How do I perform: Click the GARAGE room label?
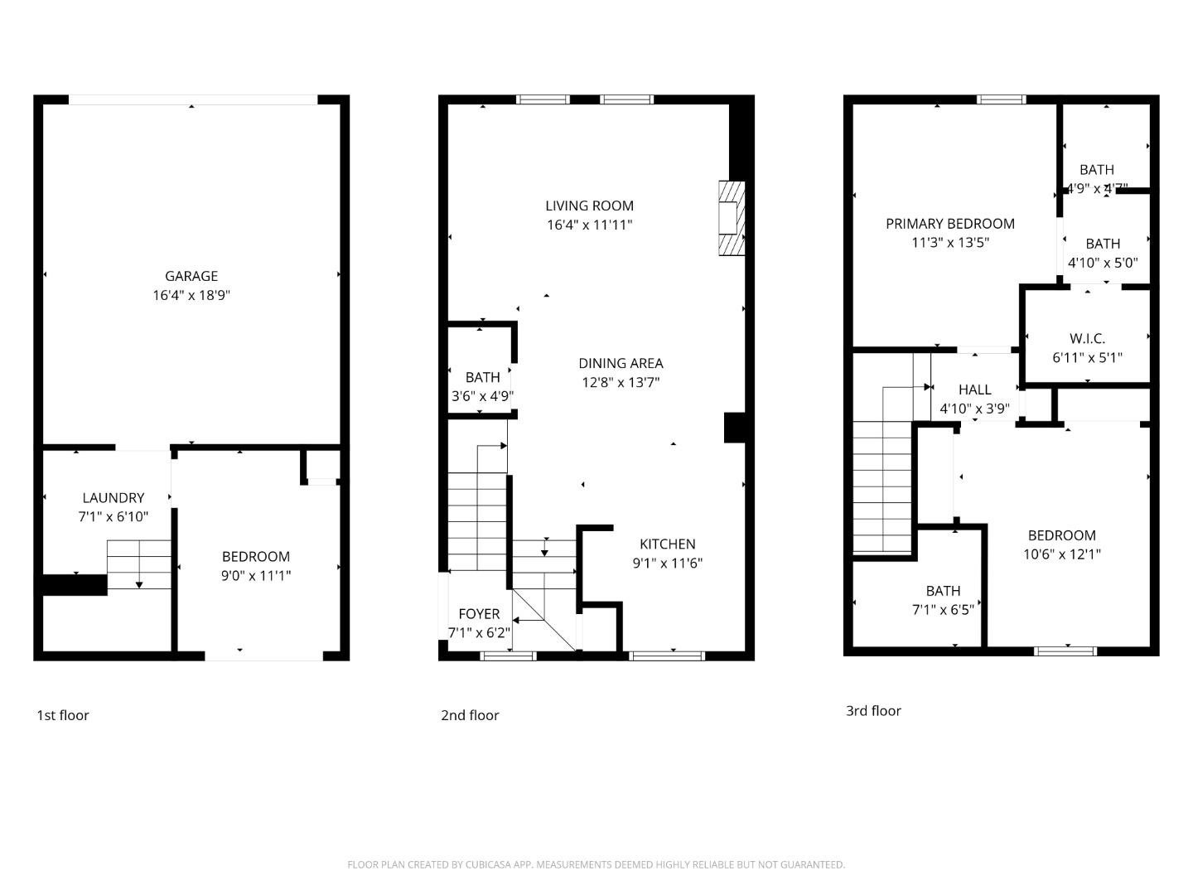[191, 276]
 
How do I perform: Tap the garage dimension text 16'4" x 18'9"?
[191, 295]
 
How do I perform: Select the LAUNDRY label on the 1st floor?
[114, 497]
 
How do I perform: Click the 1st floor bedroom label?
[256, 556]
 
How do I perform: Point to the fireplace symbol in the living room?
[731, 218]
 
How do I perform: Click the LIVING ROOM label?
[589, 206]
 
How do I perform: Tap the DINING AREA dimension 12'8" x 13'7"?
[621, 382]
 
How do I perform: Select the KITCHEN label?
[667, 544]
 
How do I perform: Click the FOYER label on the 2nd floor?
[479, 613]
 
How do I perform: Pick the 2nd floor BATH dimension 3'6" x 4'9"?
[482, 396]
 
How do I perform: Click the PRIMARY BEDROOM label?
[950, 223]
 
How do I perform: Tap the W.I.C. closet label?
[1087, 338]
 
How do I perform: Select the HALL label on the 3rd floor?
[974, 389]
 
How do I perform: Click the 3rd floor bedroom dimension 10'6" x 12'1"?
[1061, 554]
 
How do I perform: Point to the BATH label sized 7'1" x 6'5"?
[943, 590]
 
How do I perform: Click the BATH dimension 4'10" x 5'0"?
[1103, 263]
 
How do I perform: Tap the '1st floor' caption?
[62, 715]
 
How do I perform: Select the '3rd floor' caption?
[873, 710]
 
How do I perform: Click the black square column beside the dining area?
[734, 428]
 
